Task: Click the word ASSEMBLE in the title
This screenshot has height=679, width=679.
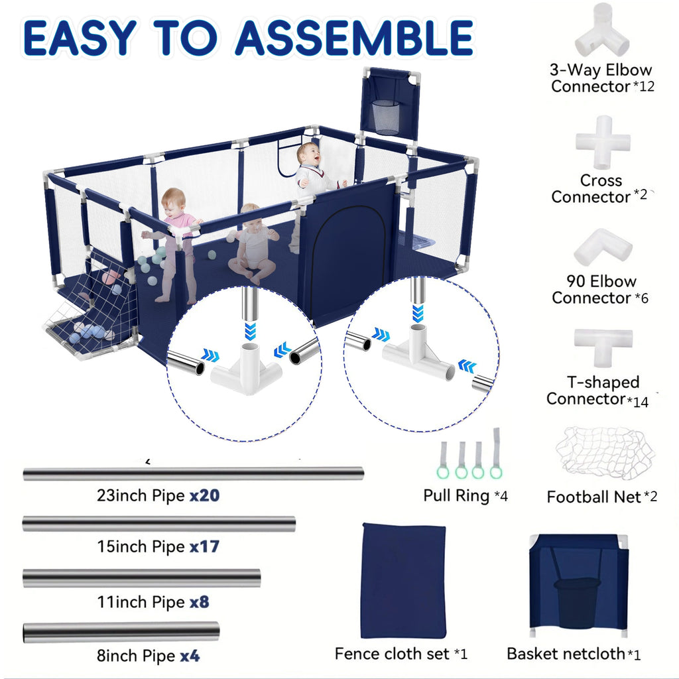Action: pyautogui.click(x=354, y=37)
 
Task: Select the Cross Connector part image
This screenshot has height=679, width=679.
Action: pyautogui.click(x=603, y=143)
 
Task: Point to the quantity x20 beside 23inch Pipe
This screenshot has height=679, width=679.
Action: pyautogui.click(x=204, y=495)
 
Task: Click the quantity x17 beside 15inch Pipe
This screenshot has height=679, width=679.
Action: pyautogui.click(x=204, y=546)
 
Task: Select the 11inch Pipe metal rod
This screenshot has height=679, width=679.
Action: pyautogui.click(x=142, y=578)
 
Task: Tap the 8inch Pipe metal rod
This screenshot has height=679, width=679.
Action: pyautogui.click(x=121, y=632)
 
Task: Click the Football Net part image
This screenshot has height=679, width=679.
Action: pyautogui.click(x=605, y=453)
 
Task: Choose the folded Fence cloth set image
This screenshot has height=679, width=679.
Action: pyautogui.click(x=404, y=580)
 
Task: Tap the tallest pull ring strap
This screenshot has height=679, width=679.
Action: pyautogui.click(x=496, y=453)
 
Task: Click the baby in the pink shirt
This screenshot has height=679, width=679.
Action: pyautogui.click(x=174, y=243)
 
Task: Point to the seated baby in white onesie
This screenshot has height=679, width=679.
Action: pyautogui.click(x=253, y=244)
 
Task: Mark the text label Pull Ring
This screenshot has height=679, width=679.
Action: pyautogui.click(x=456, y=495)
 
